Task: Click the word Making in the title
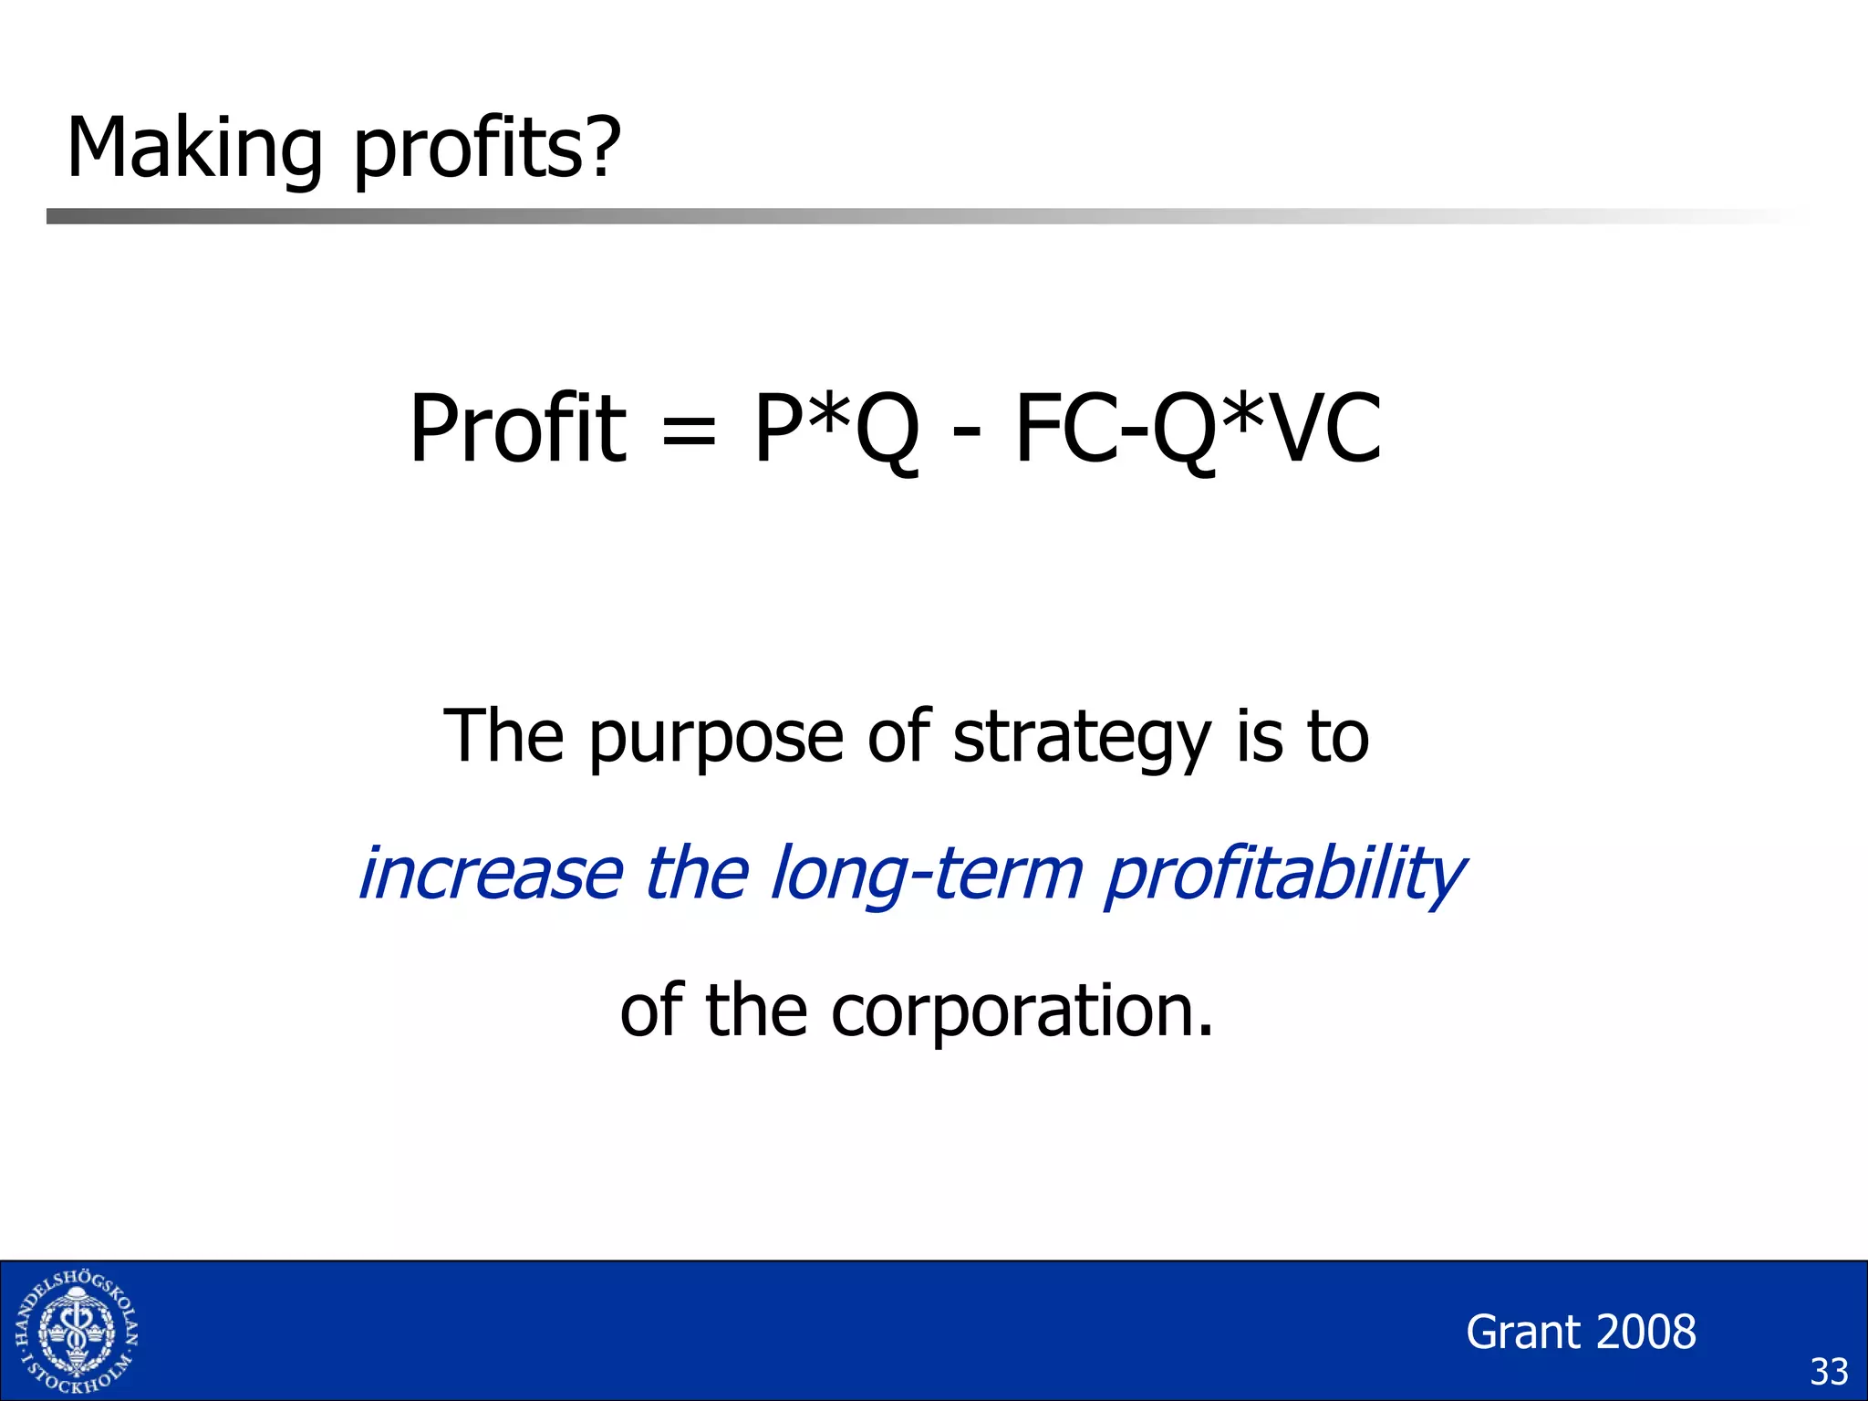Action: (x=194, y=149)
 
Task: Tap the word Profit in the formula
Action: (x=517, y=429)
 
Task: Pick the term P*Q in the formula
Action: (x=835, y=429)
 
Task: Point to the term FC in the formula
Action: (x=1065, y=429)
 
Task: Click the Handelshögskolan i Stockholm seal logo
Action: (x=77, y=1332)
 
